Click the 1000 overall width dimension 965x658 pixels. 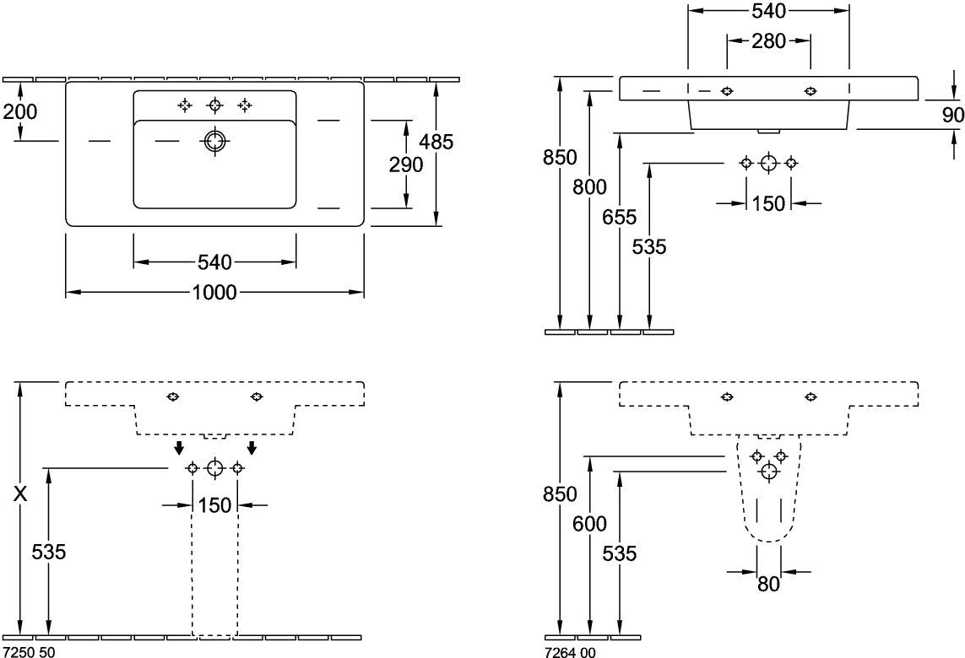(x=214, y=294)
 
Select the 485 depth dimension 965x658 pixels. (x=435, y=143)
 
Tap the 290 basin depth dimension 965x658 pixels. (x=406, y=164)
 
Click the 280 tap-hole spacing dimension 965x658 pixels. (x=768, y=40)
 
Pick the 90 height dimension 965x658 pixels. (x=953, y=115)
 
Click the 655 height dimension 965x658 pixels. (x=620, y=218)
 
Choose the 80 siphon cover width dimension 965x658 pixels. (x=769, y=583)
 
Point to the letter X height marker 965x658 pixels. (x=20, y=496)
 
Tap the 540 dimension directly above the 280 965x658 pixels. (x=768, y=11)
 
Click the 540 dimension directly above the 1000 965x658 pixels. (x=214, y=262)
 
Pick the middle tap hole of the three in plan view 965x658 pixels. (x=214, y=105)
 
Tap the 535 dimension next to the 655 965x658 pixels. (x=649, y=246)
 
